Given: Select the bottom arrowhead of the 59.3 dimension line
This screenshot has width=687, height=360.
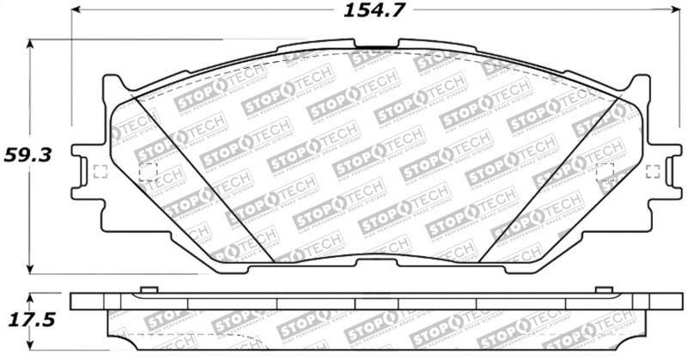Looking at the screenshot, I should click(x=32, y=269).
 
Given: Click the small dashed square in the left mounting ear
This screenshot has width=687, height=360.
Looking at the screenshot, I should click(x=98, y=170).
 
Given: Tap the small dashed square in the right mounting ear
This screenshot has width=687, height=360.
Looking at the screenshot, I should click(x=653, y=170).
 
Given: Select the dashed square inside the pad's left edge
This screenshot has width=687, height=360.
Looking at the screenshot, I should click(x=148, y=170).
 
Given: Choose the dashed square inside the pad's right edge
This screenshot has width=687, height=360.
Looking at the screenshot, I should click(x=604, y=170).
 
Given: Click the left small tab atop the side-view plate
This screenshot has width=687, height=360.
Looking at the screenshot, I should click(x=146, y=290).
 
